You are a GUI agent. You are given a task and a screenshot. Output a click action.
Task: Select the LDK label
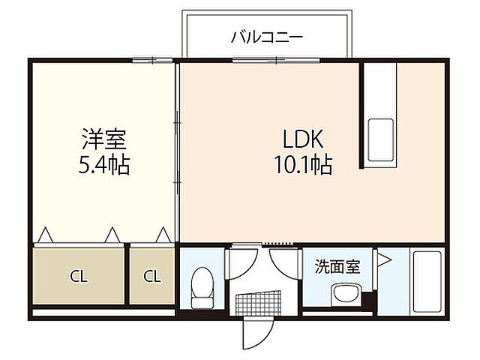click(x=302, y=139)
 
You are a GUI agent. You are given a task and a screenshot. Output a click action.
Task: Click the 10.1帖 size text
click(x=302, y=164)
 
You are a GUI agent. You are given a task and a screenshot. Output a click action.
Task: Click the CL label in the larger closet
click(x=79, y=276)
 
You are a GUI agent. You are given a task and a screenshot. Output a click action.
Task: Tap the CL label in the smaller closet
click(x=152, y=276)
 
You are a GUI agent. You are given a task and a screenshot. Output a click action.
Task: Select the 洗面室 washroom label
click(x=336, y=265)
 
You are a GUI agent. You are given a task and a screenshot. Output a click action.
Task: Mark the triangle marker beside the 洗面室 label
click(x=383, y=261)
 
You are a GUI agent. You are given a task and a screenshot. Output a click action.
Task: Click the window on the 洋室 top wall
click(x=147, y=60)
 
